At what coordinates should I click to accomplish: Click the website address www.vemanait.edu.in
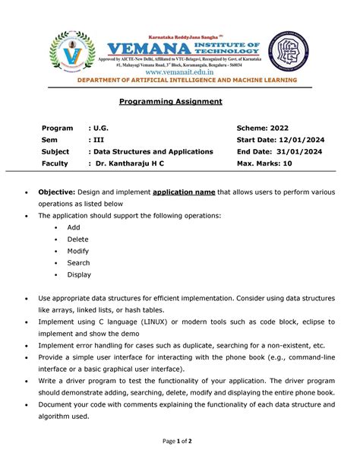pyautogui.click(x=180, y=68)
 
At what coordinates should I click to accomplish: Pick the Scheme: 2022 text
pyautogui.click(x=263, y=128)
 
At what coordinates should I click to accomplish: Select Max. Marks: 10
pyautogui.click(x=267, y=163)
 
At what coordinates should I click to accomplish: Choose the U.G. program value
pyautogui.click(x=98, y=128)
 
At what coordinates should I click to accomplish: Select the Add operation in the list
pyautogui.click(x=74, y=227)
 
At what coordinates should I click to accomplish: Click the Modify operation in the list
pyautogui.click(x=78, y=251)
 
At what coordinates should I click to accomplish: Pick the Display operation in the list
pyautogui.click(x=79, y=274)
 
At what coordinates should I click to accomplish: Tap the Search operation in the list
pyautogui.click(x=78, y=262)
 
